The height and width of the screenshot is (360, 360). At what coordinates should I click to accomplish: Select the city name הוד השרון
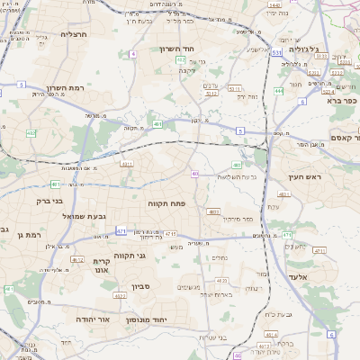click(x=184, y=49)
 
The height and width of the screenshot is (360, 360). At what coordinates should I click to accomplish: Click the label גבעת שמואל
click(x=59, y=217)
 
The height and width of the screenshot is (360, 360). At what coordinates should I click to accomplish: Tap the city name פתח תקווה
click(x=166, y=204)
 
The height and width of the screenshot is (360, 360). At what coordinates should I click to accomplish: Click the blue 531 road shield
click(x=277, y=53)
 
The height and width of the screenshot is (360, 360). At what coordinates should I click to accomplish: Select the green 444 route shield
click(x=279, y=91)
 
